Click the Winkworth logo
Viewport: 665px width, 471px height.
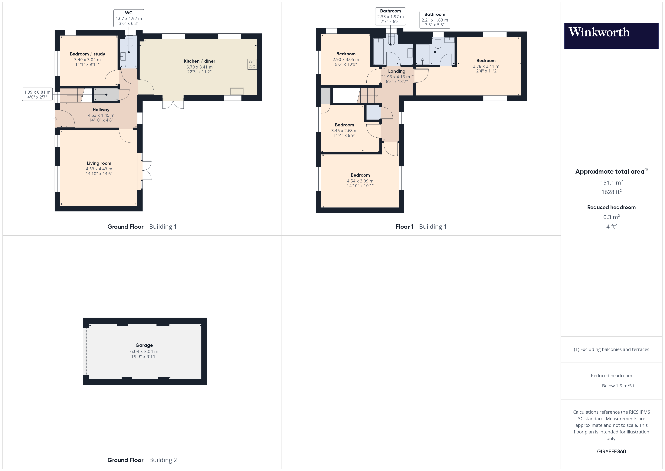(x=611, y=36)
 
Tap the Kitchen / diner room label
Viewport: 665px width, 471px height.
(x=199, y=61)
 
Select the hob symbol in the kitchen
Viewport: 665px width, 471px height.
(x=252, y=64)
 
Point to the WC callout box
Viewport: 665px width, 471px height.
(x=129, y=18)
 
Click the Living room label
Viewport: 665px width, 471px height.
(x=99, y=163)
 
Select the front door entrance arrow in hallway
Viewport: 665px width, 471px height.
(x=55, y=119)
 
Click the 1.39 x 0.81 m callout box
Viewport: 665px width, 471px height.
(x=37, y=94)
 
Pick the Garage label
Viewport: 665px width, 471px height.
(x=144, y=345)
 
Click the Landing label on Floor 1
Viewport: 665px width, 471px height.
(x=397, y=71)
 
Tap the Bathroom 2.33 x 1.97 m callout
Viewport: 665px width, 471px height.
(x=390, y=17)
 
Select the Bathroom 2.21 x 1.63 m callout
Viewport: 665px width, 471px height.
(x=434, y=20)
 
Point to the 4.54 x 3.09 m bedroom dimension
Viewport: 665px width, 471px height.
(x=360, y=181)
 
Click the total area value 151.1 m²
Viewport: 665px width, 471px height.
(x=611, y=182)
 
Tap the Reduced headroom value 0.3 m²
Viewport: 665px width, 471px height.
(x=611, y=217)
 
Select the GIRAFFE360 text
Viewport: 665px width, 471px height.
(x=611, y=452)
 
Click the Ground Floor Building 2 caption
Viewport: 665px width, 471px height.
(x=142, y=460)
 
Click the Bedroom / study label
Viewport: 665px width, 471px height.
(x=87, y=54)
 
